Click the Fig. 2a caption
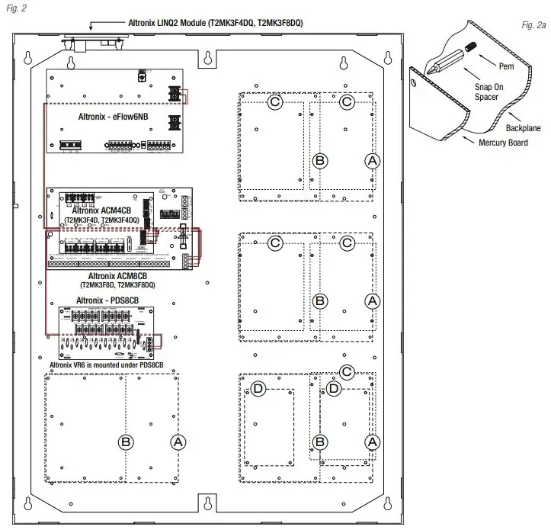533,26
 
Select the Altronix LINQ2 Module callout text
215,24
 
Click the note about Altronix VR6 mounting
112,365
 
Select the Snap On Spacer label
488,92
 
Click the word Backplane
523,128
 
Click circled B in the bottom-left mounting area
126,442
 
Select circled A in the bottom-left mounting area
178,442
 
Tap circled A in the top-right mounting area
372,160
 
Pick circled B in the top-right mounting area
320,160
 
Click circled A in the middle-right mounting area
372,300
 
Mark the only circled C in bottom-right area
347,372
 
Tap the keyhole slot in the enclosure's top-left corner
27,58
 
